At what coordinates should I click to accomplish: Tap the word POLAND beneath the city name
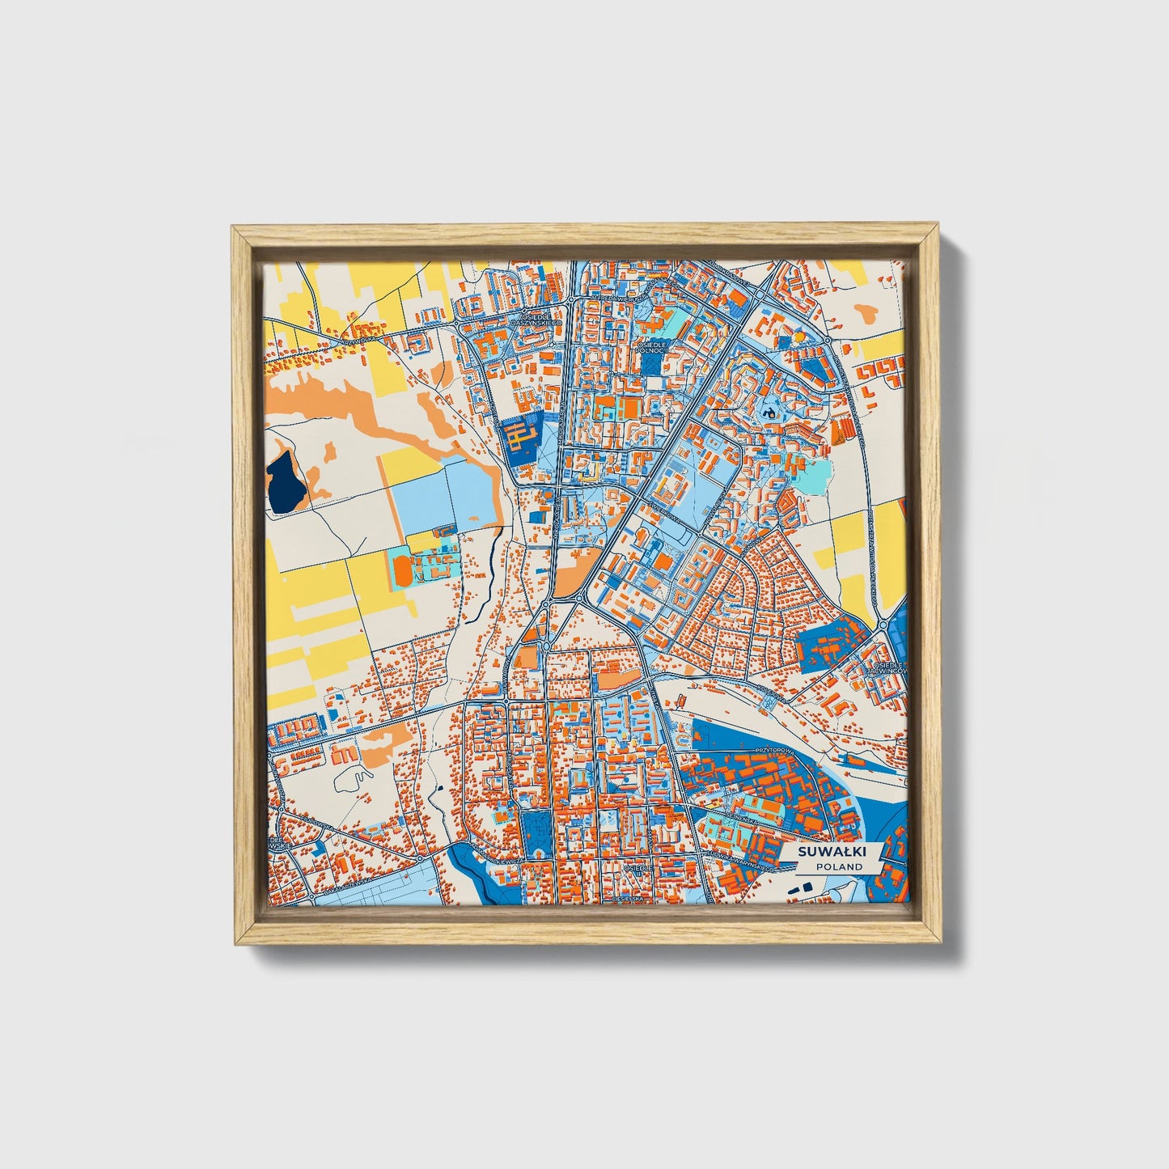[838, 866]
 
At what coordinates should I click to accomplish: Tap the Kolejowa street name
[773, 692]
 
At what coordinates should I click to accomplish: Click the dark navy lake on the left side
[286, 484]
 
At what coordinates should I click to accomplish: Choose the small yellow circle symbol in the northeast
[798, 337]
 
